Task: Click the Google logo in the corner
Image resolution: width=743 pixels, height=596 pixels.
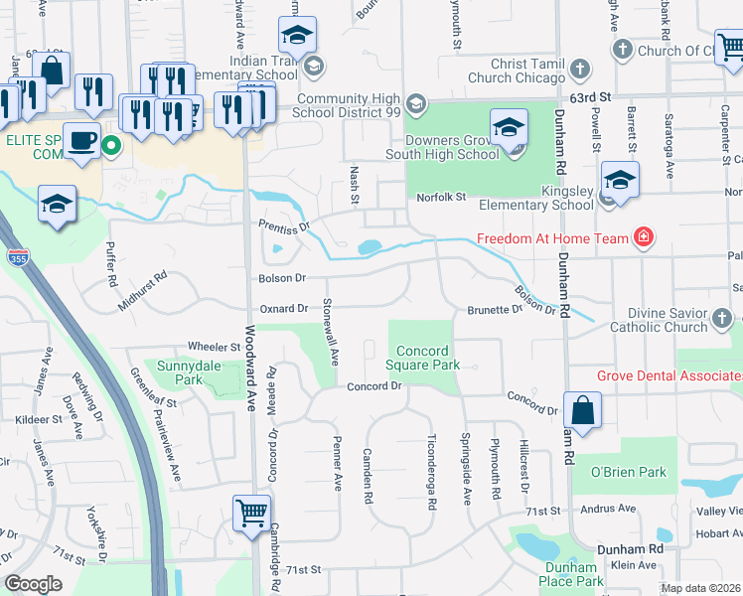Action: [x=34, y=584]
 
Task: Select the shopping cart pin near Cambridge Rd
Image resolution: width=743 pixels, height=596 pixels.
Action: [x=250, y=514]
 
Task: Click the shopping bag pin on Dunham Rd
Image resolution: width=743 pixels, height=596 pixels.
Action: [x=582, y=408]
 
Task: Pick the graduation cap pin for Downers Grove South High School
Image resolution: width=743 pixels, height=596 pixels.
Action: [x=509, y=130]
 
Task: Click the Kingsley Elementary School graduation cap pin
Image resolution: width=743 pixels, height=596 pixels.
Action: [x=619, y=180]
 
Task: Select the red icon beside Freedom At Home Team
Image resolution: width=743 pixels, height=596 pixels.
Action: [x=644, y=237]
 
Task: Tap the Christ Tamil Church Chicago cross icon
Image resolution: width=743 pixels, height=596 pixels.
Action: [x=579, y=71]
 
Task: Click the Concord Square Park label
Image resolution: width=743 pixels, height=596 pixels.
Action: [x=428, y=358]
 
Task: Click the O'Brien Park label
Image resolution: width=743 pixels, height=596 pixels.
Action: [x=628, y=472]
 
